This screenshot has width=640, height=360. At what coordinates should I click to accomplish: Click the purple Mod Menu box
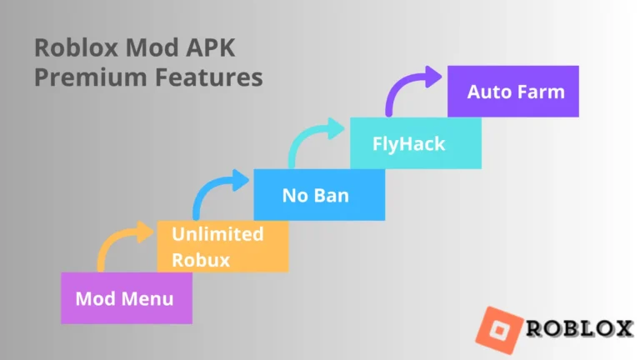(x=127, y=298)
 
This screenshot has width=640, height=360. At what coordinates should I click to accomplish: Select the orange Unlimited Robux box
(x=222, y=247)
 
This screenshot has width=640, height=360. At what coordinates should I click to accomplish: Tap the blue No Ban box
(x=319, y=195)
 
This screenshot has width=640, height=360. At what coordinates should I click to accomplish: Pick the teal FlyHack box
(x=416, y=143)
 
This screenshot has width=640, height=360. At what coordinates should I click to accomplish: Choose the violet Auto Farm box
(x=513, y=92)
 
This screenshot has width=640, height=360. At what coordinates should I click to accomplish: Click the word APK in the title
(x=211, y=47)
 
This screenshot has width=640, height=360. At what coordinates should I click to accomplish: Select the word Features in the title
(x=209, y=77)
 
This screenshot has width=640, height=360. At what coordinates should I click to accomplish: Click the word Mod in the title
(x=152, y=47)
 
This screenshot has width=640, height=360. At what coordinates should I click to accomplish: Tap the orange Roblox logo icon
(x=499, y=330)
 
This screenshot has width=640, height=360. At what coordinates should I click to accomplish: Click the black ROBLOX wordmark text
(x=580, y=328)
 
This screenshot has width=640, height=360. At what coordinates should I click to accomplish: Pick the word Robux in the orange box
(x=201, y=260)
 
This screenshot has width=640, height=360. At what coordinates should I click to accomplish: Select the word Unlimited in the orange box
(x=218, y=234)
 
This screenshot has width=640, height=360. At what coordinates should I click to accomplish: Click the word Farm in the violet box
(x=541, y=92)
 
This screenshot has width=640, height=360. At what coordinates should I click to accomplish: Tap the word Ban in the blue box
(x=332, y=196)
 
